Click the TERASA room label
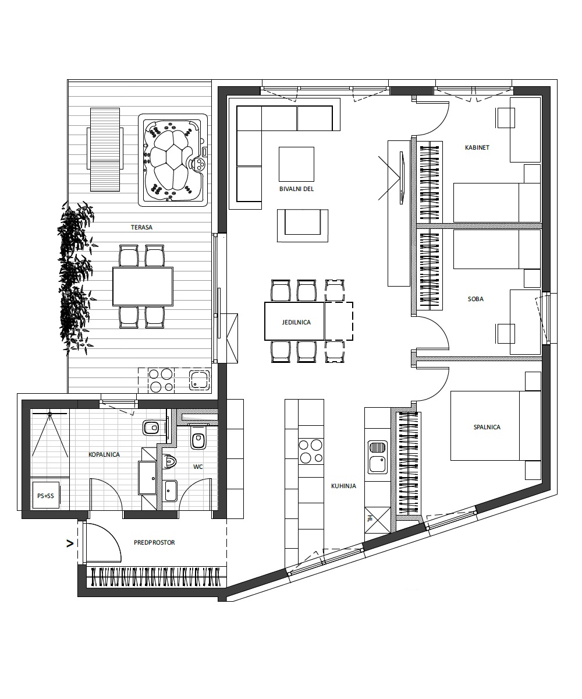tap(141, 227)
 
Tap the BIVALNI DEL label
tap(296, 189)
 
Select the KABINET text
tap(477, 147)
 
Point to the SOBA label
tap(475, 299)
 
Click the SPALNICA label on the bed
tap(487, 427)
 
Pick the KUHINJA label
tap(343, 486)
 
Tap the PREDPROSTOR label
tap(154, 542)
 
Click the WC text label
tap(198, 467)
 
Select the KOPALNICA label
tap(104, 454)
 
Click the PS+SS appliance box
tap(46, 496)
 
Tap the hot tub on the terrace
tap(173, 160)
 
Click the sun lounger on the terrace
tap(105, 150)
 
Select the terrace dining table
tap(143, 286)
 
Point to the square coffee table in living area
tap(296, 164)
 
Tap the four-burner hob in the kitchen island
tap(311, 451)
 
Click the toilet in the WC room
tap(198, 437)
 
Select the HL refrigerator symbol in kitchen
tap(378, 520)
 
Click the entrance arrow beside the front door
tap(70, 543)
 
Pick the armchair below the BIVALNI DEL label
tap(303, 225)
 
